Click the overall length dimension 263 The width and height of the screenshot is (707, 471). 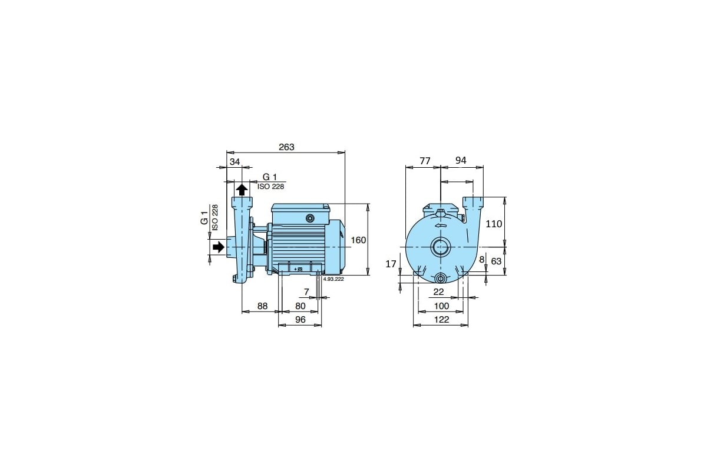[x=286, y=147]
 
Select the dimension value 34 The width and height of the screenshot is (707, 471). [x=235, y=162]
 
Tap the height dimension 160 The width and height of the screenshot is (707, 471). [x=358, y=240]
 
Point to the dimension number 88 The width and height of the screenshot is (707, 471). [x=262, y=306]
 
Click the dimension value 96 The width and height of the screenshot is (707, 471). [x=300, y=320]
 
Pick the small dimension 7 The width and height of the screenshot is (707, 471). [x=306, y=292]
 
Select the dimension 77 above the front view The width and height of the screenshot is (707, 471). [x=425, y=161]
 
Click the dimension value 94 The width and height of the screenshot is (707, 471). [x=461, y=160]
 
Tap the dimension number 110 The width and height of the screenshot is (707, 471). [x=494, y=224]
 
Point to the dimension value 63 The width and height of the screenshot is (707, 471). [x=496, y=261]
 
